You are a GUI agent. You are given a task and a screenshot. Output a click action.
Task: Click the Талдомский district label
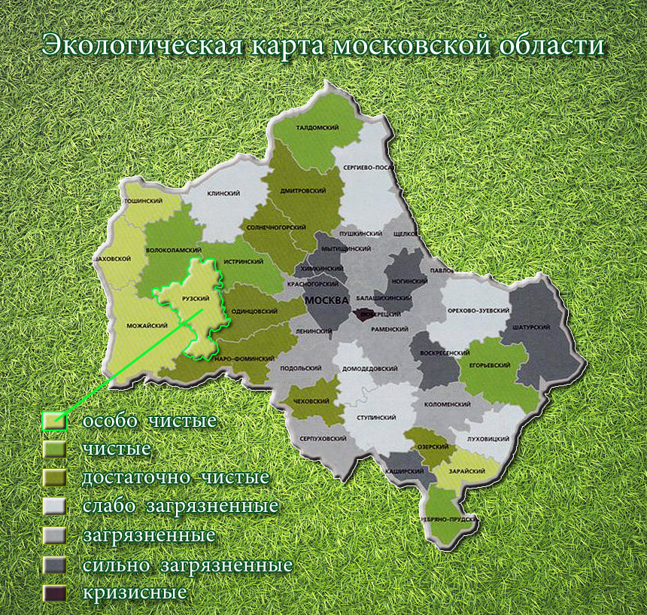click(317, 128)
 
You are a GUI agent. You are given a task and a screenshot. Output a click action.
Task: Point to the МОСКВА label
click(327, 300)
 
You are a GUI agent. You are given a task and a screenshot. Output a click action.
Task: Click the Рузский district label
click(196, 299)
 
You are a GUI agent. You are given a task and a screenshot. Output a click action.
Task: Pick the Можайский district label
click(146, 326)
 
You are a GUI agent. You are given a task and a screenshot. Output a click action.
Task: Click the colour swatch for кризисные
click(54, 592)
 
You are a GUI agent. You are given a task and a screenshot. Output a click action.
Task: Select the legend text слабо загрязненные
click(180, 506)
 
